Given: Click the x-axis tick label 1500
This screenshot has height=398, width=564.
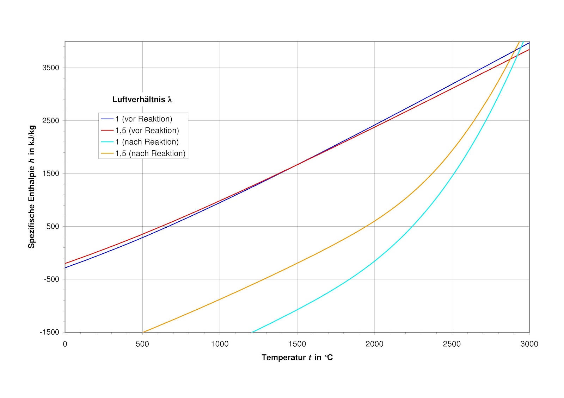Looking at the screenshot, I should pos(297,344).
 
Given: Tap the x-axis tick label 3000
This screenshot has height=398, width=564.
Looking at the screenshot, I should pos(529,344).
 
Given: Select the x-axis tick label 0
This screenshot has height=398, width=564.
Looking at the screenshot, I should pos(65,344).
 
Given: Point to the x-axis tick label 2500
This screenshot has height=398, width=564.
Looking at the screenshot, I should pos(452,344).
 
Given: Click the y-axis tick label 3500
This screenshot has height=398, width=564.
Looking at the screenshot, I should pos(51,68).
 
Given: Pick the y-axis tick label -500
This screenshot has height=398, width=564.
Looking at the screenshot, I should pos(51,279).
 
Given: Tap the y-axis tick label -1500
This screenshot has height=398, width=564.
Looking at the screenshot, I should pos(50,332).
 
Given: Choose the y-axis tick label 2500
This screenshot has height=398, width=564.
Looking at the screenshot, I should pos(51,120).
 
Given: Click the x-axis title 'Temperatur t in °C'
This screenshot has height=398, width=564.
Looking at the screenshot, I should pos(297,358).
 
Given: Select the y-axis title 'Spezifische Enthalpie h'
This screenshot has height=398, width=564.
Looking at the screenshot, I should pos(32,187).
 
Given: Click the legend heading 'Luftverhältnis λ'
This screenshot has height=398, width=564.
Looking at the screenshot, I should pos(142,100).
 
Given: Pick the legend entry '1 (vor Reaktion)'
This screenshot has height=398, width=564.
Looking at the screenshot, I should pos(144,119).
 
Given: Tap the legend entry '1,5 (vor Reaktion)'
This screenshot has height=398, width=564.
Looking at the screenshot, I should pos(147,131).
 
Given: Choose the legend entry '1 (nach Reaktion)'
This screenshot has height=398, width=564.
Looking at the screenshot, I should pos(147,142).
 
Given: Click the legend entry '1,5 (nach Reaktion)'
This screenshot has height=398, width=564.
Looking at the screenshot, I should pos(150,153).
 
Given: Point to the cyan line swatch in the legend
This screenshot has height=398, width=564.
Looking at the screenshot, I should pos(107,142).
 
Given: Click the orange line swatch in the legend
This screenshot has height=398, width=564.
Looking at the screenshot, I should pos(107,153).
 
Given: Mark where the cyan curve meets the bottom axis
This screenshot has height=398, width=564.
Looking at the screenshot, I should pos(252,332).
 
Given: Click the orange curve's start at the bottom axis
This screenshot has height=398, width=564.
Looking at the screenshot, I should pos(143,332).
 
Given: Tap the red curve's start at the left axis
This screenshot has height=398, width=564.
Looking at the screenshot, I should pos(65,263).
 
